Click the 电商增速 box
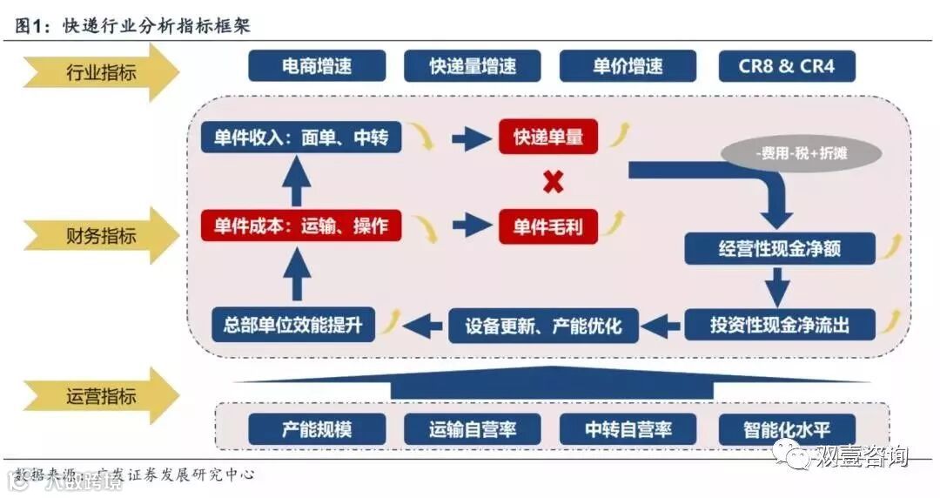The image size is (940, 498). (x=317, y=66)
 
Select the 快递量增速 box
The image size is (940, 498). (x=473, y=66)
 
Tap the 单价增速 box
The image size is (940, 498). (x=628, y=66)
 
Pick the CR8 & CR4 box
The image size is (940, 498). (x=787, y=66)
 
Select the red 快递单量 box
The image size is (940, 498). (x=548, y=137)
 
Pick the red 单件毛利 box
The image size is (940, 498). (x=548, y=226)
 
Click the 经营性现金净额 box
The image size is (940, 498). (x=779, y=248)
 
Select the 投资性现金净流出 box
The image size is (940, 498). (x=779, y=325)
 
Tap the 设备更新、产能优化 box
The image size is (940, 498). (x=543, y=326)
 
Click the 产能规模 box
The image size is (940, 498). (x=317, y=428)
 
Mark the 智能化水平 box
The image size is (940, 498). (x=787, y=428)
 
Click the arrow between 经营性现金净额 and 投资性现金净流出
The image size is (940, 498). (x=778, y=286)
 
